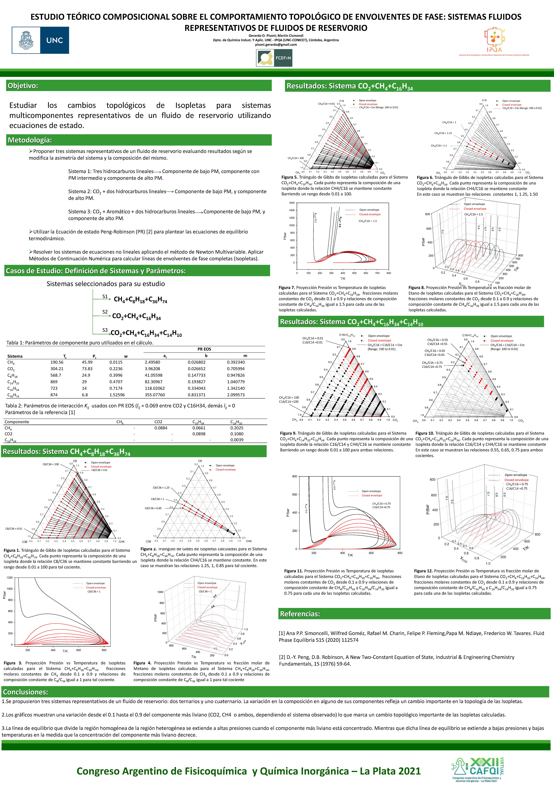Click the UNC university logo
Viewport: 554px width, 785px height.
coord(40,40)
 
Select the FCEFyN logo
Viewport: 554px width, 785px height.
coord(274,58)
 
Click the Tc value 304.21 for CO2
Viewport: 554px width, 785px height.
coord(57,369)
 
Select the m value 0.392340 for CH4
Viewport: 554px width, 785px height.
coord(236,362)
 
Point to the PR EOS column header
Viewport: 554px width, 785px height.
coord(204,349)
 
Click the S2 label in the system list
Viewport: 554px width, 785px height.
coord(105,312)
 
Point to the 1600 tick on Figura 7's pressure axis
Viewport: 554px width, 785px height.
coord(292,203)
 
